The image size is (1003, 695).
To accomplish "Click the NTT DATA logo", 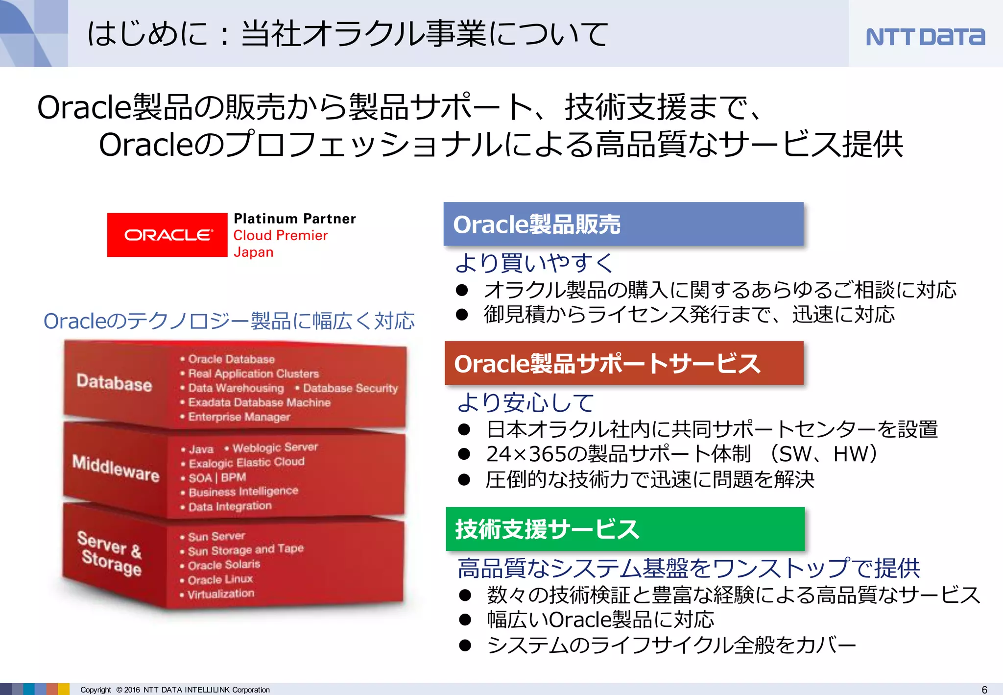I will (x=925, y=37).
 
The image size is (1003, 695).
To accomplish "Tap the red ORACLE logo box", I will (x=167, y=235).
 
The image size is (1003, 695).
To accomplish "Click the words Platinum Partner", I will (x=294, y=219).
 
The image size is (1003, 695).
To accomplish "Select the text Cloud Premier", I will (x=280, y=235).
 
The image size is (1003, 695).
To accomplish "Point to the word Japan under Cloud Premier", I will (x=253, y=252).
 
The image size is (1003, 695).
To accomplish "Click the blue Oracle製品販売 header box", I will (x=623, y=224).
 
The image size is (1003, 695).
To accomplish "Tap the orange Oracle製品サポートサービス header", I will (x=623, y=363).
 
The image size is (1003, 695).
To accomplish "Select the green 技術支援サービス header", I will (x=625, y=529).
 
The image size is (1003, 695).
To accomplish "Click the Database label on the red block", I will (x=114, y=382).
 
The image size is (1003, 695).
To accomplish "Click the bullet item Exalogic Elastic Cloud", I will (x=246, y=462).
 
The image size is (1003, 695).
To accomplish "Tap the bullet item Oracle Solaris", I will (x=224, y=565).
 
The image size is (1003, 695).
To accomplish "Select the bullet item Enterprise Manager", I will (x=239, y=417).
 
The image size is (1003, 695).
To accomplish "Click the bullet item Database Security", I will (x=350, y=388).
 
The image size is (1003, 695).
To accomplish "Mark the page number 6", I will (x=984, y=690).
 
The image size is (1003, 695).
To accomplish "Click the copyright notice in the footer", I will (x=175, y=690).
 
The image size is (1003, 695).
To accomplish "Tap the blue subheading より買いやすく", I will (x=534, y=263).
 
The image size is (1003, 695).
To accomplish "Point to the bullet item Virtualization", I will (x=221, y=594).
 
